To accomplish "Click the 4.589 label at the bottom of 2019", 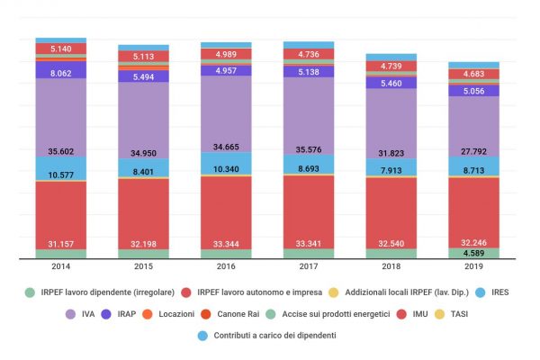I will pos(473,254).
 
